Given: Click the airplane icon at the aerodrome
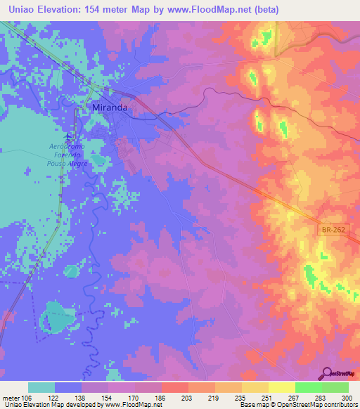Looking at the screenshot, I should (x=68, y=136).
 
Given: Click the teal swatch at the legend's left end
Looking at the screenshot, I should (x=41, y=387).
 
